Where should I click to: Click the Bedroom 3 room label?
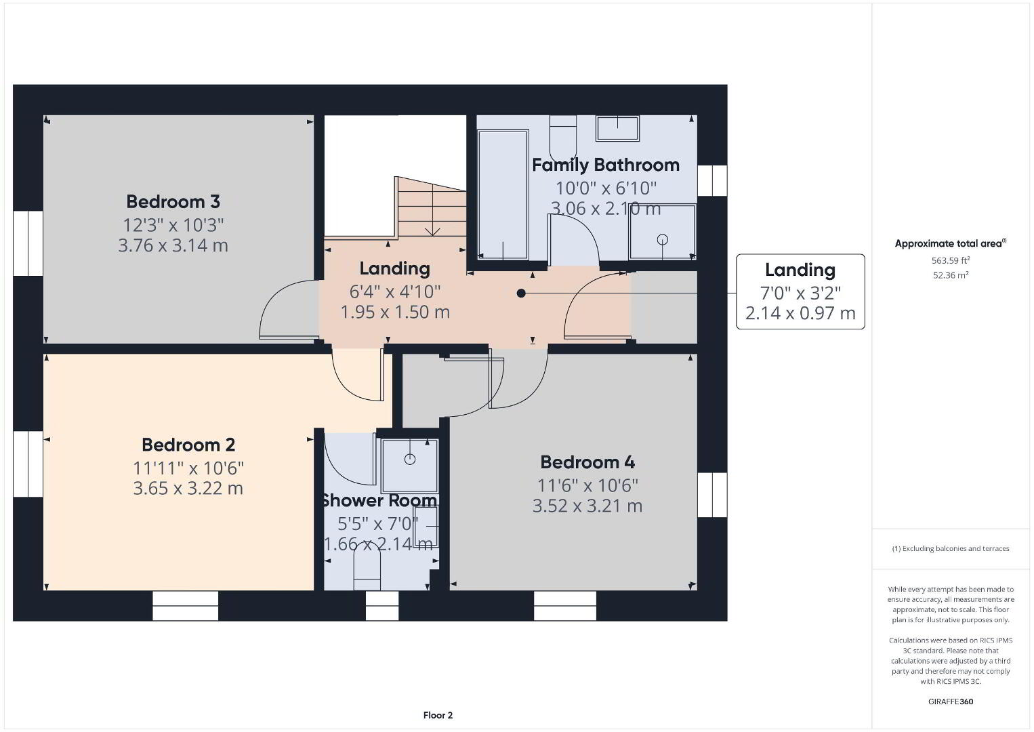(x=173, y=202)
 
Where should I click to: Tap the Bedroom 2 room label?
(x=188, y=445)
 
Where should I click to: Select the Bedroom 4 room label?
(x=587, y=462)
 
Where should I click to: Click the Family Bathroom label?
(x=606, y=165)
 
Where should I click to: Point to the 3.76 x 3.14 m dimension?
(x=173, y=245)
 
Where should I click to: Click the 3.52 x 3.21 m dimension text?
(x=587, y=506)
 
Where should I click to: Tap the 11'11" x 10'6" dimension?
(x=188, y=468)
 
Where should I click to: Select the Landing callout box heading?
(x=800, y=270)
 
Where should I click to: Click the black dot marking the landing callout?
(x=521, y=293)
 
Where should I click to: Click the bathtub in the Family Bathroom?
(x=503, y=195)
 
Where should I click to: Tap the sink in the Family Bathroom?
(x=618, y=128)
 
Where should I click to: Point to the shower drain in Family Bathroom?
(x=663, y=239)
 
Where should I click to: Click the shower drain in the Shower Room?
(x=410, y=459)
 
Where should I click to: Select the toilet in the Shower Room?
(x=367, y=570)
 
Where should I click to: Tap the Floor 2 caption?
(x=438, y=715)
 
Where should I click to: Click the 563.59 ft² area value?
(x=951, y=260)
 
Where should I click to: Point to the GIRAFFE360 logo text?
(x=951, y=701)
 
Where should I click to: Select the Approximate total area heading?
(x=951, y=243)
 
